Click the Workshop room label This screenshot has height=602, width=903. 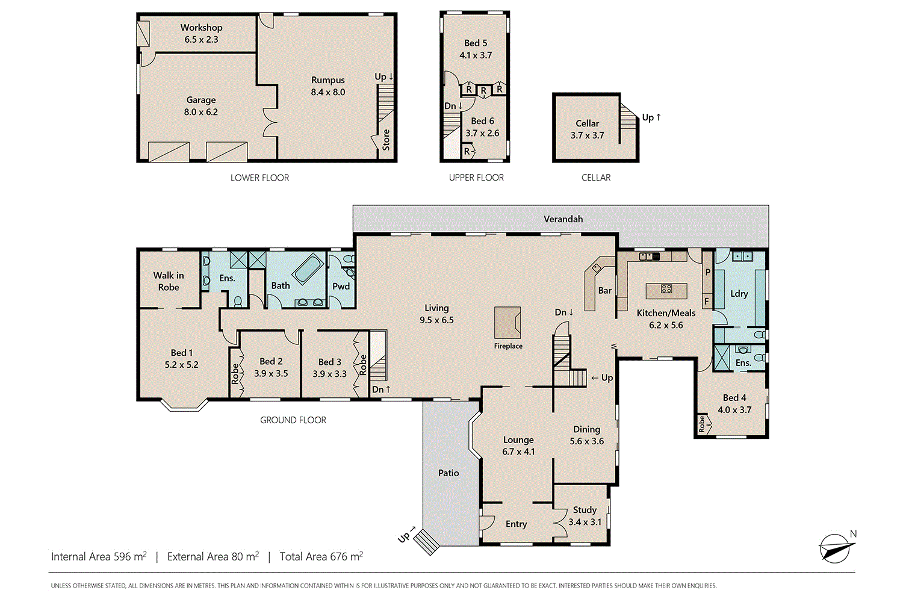pyautogui.click(x=201, y=28)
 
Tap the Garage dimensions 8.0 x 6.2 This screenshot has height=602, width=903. pyautogui.click(x=201, y=112)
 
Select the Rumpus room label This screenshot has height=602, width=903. pyautogui.click(x=328, y=80)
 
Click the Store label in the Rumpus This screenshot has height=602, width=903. pyautogui.click(x=386, y=140)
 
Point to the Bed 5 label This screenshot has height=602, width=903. pyautogui.click(x=476, y=43)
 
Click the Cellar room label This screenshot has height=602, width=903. pyautogui.click(x=587, y=123)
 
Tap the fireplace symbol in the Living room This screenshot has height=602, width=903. pyautogui.click(x=507, y=323)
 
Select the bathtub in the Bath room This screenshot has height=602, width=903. pyautogui.click(x=308, y=268)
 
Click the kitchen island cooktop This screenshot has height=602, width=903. pyautogui.click(x=666, y=289)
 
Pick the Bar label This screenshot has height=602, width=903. pyautogui.click(x=605, y=291)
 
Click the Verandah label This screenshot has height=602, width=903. pyautogui.click(x=563, y=219)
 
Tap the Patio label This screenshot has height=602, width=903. pyautogui.click(x=448, y=473)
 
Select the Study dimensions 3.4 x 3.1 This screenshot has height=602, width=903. pyautogui.click(x=585, y=522)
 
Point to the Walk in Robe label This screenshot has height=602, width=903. pyautogui.click(x=169, y=281)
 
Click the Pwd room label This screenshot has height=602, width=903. pyautogui.click(x=341, y=287)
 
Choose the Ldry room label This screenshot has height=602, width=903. pyautogui.click(x=739, y=294)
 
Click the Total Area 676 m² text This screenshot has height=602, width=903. pyautogui.click(x=321, y=557)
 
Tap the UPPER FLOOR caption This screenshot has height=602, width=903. pyautogui.click(x=476, y=178)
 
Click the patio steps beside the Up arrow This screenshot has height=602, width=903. pyautogui.click(x=429, y=542)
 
